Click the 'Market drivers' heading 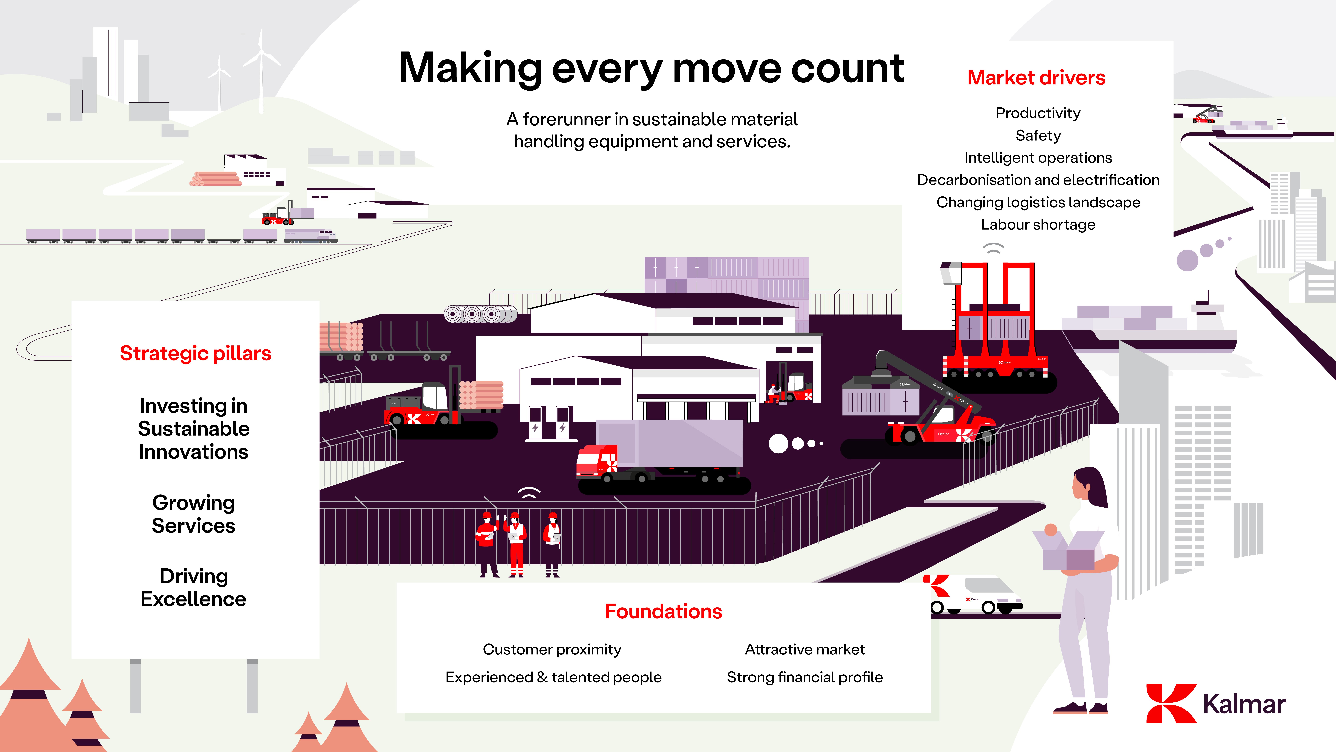click(1036, 78)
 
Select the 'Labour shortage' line click(1038, 225)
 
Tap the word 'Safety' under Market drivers click(1038, 136)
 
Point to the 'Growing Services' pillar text click(193, 514)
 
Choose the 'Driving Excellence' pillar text click(193, 588)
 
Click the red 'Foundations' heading click(663, 611)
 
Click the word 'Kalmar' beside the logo click(1244, 704)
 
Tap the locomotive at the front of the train click(311, 236)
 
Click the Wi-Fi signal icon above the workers click(529, 493)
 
